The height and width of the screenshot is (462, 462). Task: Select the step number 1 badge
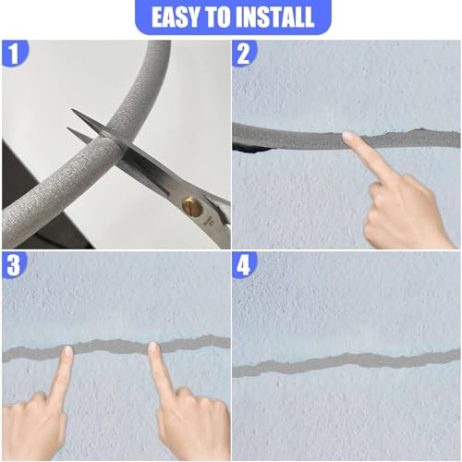(14, 53)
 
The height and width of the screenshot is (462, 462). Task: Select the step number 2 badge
(244, 53)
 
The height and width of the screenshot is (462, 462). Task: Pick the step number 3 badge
(14, 265)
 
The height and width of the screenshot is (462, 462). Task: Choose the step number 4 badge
(244, 265)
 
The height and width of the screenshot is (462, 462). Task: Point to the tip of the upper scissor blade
(72, 109)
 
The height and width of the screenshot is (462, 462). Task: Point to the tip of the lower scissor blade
(67, 128)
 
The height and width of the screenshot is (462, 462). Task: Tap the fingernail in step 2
(348, 136)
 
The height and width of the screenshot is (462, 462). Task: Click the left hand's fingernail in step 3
(67, 351)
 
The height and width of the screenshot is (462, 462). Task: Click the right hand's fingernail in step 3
(152, 347)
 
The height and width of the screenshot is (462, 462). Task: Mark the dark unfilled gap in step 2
(251, 150)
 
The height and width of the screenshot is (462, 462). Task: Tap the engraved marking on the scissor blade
(210, 221)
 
